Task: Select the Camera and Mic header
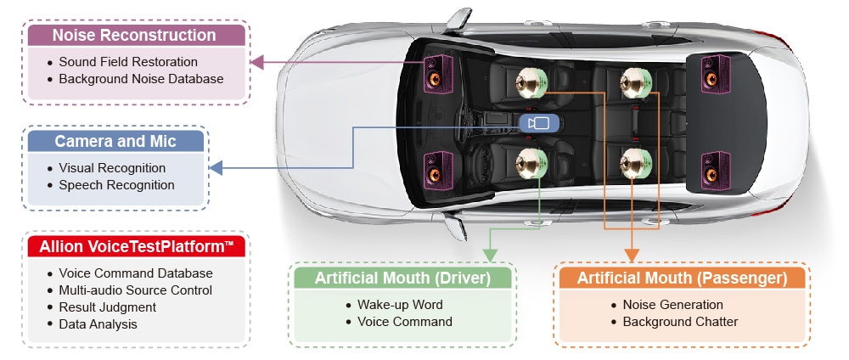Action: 115,141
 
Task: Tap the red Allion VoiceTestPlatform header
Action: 136,247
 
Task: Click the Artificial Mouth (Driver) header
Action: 402,278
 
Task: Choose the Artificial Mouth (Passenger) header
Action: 682,278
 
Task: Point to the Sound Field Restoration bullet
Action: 123,62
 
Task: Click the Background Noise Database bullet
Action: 135,79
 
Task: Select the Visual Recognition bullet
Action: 107,168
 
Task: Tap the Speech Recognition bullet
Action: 111,185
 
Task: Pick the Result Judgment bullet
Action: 102,307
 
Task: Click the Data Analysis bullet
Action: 93,324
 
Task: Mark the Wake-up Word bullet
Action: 394,305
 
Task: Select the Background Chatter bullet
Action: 675,322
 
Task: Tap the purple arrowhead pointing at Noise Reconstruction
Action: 256,62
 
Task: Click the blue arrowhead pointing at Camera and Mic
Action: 216,168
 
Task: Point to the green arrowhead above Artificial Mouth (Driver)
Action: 490,255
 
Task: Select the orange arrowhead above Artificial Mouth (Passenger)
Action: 632,255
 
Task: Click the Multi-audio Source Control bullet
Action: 130,290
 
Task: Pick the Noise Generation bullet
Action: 667,305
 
